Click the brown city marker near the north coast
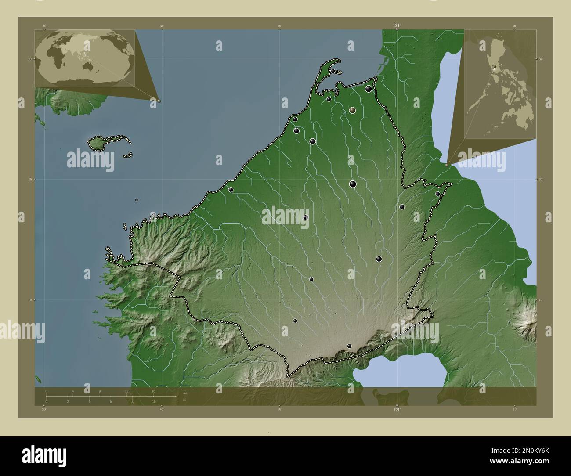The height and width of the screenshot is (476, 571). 352,110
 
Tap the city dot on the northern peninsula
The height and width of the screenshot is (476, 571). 333,71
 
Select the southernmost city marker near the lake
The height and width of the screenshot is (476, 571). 349,346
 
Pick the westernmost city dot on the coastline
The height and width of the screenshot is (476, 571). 231,190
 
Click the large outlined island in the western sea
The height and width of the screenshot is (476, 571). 101,143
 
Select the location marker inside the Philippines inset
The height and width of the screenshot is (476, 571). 495,68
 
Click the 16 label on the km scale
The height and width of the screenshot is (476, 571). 153,391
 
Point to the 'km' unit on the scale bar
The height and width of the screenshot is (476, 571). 184,393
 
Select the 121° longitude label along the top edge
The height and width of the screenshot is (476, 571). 397,26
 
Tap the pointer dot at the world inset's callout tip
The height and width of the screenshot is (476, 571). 159,101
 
